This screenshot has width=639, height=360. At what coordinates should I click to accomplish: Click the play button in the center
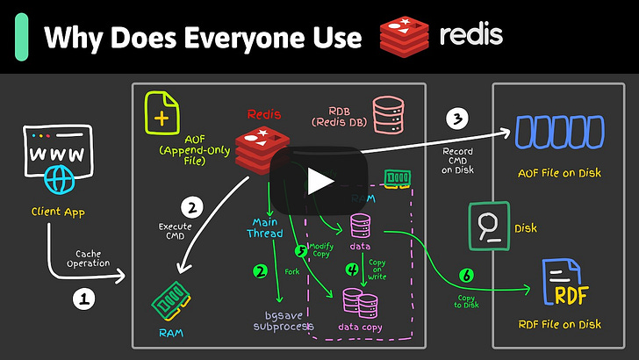tap(319, 180)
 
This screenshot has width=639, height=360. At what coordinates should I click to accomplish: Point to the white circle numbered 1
tap(83, 299)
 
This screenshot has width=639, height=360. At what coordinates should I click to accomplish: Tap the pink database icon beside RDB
tap(387, 115)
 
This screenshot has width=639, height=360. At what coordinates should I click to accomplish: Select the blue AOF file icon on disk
tap(559, 133)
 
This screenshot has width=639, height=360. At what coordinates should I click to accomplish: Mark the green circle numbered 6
tap(466, 276)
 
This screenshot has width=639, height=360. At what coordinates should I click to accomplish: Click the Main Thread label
tap(266, 227)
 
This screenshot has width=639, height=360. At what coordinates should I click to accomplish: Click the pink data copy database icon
tap(360, 303)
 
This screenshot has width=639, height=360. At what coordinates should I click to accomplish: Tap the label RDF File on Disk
tap(559, 324)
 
